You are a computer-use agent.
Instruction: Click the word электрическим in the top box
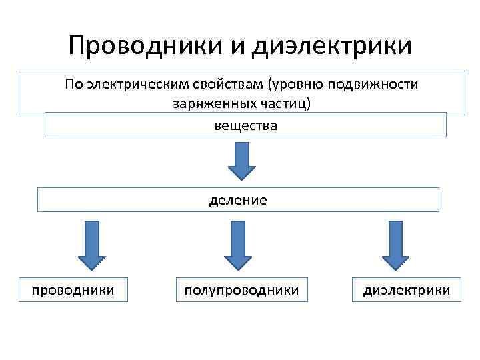coord(139,85)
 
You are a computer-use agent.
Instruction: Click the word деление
coord(238,200)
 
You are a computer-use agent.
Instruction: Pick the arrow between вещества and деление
coord(242,161)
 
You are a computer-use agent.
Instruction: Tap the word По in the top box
coord(73,85)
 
